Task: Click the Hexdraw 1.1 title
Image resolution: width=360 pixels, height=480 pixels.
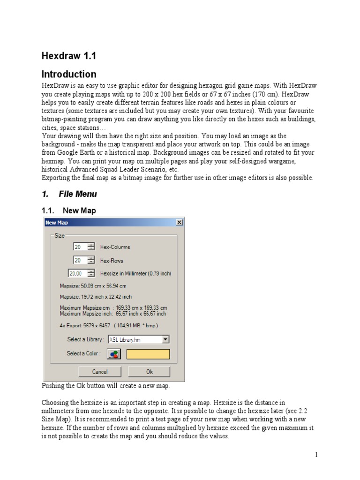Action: tap(69, 56)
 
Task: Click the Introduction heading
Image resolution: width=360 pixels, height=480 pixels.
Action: tap(69, 75)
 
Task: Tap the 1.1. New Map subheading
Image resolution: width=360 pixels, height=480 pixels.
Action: tap(69, 211)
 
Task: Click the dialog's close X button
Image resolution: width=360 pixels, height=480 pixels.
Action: tap(179, 222)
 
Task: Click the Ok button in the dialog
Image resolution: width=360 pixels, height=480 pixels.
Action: tap(150, 372)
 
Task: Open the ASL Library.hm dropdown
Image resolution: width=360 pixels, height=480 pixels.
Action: tap(165, 339)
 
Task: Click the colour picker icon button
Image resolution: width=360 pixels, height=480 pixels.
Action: tap(114, 354)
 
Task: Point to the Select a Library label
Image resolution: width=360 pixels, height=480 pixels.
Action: tap(85, 339)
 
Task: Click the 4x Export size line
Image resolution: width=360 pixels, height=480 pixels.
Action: tap(109, 325)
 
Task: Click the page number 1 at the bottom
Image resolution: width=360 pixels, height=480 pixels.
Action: tap(316, 455)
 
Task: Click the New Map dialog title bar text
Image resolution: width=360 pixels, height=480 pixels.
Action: tap(57, 223)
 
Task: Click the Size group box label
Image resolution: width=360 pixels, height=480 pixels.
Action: tap(60, 236)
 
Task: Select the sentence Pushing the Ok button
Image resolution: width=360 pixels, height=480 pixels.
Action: tap(106, 386)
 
